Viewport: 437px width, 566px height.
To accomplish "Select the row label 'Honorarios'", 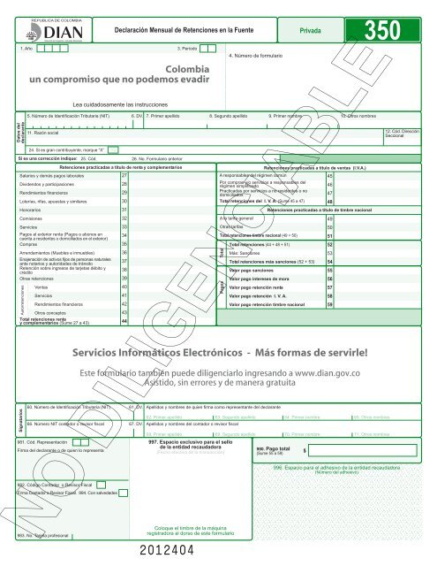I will click(33, 209).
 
